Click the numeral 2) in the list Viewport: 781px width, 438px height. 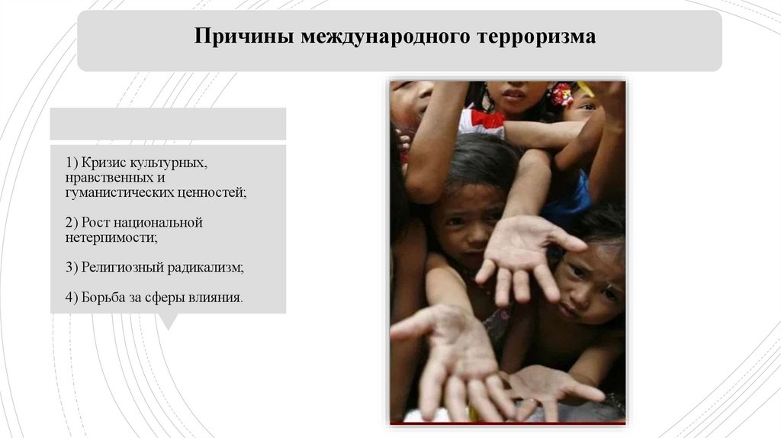click(x=72, y=223)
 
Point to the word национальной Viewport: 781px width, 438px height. click(x=162, y=223)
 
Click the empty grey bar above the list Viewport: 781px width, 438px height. click(x=168, y=123)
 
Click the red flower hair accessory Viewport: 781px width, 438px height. click(x=561, y=94)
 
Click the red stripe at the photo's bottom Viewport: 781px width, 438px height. click(x=507, y=422)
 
